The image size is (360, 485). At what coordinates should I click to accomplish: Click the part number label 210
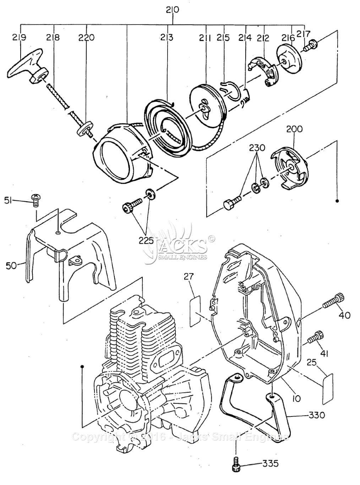173,10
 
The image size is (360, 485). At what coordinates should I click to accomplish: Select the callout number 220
87,37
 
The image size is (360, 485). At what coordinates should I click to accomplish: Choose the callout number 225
146,240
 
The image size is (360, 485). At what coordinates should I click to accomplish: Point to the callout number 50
11,265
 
